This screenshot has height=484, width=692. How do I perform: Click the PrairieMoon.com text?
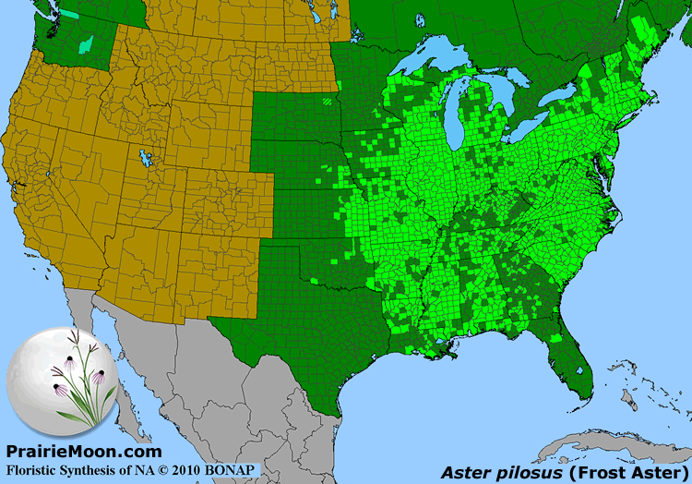tap(84, 451)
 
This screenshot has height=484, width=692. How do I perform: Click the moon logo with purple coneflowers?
tap(63, 379)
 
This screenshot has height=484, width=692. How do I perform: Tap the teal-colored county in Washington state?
tap(87, 43)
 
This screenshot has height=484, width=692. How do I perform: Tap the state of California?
tap(37, 212)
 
